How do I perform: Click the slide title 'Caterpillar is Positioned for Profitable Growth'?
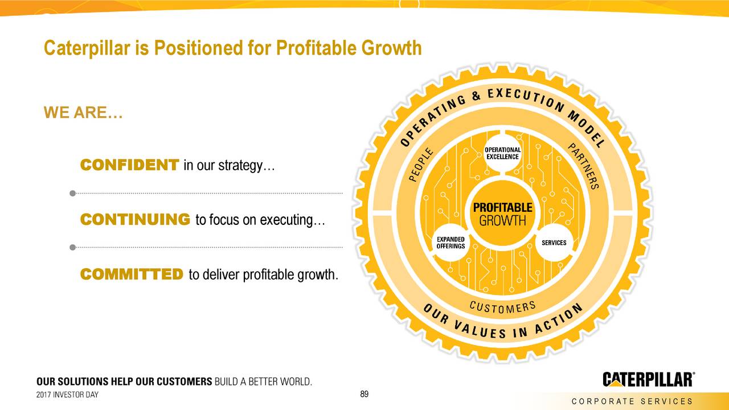[x=232, y=48]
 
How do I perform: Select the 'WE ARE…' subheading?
[x=83, y=113]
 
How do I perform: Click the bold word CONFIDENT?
[x=129, y=165]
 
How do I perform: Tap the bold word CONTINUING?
[x=135, y=219]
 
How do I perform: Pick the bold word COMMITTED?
[x=132, y=274]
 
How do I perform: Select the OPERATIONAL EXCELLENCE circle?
[x=502, y=153]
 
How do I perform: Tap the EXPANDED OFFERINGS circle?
[x=450, y=243]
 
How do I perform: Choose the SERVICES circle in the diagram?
[x=554, y=243]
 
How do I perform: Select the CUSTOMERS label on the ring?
[x=502, y=307]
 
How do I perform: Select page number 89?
[x=365, y=394]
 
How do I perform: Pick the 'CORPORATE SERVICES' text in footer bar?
[x=632, y=401]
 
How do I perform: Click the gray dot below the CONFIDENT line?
[x=72, y=193]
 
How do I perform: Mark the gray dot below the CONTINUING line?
[x=72, y=247]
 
